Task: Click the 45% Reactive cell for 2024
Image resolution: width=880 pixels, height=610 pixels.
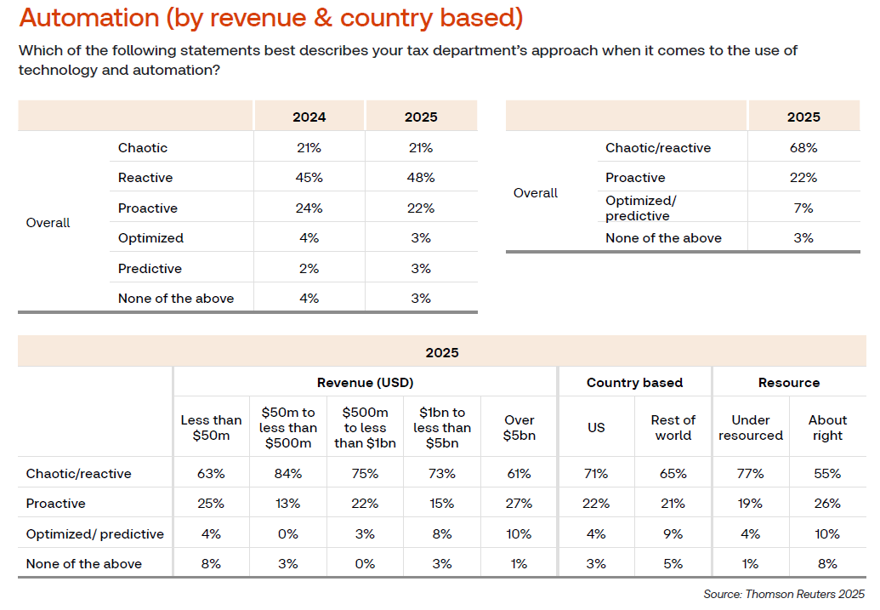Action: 309,178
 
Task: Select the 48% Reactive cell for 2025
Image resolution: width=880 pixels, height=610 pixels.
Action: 420,178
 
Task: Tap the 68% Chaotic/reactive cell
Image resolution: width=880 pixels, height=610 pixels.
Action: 803,148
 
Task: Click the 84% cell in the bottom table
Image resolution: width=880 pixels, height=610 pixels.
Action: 288,474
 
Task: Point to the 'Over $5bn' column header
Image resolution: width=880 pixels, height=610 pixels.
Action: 519,428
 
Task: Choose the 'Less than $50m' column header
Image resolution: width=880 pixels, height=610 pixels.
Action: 211,428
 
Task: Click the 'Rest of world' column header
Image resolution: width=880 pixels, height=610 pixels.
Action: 673,428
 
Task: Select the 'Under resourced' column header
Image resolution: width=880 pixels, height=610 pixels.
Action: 750,428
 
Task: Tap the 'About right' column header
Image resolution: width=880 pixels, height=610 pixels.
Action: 827,428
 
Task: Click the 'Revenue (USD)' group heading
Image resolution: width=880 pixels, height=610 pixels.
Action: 365,383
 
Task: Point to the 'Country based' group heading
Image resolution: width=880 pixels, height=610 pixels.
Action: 634,383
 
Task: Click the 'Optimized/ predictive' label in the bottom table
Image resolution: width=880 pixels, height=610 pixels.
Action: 95,534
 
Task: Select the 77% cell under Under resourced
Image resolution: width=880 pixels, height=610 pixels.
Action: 750,474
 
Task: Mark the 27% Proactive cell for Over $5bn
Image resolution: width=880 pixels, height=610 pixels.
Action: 519,504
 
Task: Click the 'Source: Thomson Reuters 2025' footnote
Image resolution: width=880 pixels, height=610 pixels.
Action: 784,594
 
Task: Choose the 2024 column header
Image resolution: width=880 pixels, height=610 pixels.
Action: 309,117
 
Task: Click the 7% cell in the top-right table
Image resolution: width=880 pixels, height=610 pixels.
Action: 803,208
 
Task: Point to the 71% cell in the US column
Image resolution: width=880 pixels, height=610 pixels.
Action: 596,474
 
